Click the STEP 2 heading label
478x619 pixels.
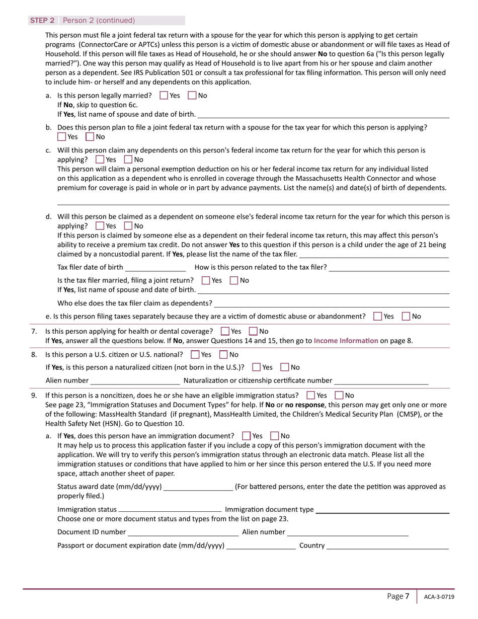pyautogui.click(x=42, y=21)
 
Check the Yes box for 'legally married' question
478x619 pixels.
pyautogui.click(x=164, y=95)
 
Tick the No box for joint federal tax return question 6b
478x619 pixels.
pyautogui.click(x=90, y=136)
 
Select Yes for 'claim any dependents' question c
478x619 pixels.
pyautogui.click(x=100, y=160)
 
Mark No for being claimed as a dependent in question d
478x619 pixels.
pyautogui.click(x=128, y=226)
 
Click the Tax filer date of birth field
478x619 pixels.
pyautogui.click(x=155, y=267)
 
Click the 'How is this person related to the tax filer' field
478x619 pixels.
pyautogui.click(x=388, y=267)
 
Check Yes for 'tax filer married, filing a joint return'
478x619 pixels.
pyautogui.click(x=206, y=280)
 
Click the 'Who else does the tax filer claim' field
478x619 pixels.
pyautogui.click(x=332, y=303)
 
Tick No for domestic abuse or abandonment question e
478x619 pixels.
pyautogui.click(x=407, y=317)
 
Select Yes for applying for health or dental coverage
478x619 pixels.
pyautogui.click(x=225, y=331)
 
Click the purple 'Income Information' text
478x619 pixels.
pyautogui.click(x=346, y=341)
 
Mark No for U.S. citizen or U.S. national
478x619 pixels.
pyautogui.click(x=224, y=355)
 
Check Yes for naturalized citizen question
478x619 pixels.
pyautogui.click(x=257, y=367)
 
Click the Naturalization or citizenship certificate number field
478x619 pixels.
pyautogui.click(x=381, y=380)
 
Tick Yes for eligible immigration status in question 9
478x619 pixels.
pyautogui.click(x=311, y=396)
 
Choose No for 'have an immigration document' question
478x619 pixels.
pyautogui.click(x=275, y=436)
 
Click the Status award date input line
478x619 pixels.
pyautogui.click(x=198, y=487)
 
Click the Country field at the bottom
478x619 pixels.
pyautogui.click(x=387, y=546)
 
